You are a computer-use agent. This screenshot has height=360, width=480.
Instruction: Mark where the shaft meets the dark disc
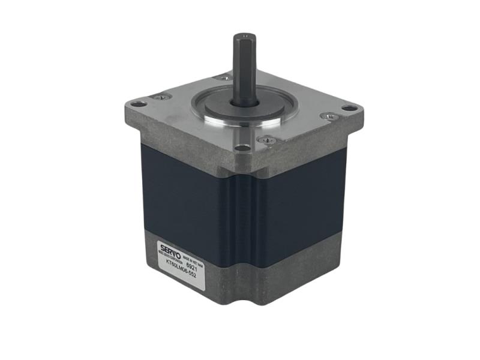(246, 103)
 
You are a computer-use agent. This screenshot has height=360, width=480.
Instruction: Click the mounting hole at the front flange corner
(241, 148)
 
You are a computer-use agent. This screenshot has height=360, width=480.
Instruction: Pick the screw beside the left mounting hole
(161, 97)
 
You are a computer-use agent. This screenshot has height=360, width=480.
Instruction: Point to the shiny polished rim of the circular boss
(240, 123)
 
